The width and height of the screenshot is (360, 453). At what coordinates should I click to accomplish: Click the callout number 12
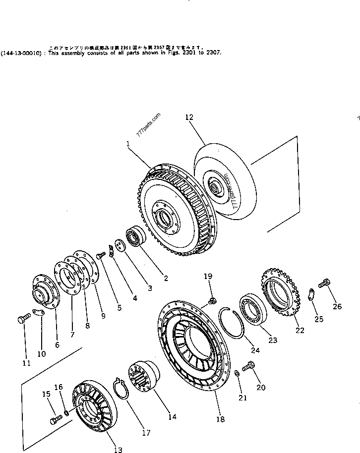(189, 117)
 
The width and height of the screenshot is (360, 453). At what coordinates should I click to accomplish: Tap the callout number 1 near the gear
(128, 144)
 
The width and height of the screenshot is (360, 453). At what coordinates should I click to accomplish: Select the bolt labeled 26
(324, 284)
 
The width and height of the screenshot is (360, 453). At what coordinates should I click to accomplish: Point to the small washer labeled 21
(237, 373)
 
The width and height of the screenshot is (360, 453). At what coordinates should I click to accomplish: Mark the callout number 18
(221, 419)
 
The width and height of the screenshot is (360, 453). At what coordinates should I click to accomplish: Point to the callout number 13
(118, 450)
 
